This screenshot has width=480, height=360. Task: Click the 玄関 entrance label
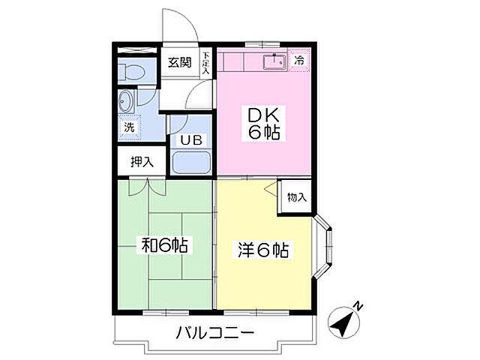[x=178, y=61]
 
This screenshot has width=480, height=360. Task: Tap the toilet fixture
[x=130, y=72]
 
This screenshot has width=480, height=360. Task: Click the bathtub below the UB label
[x=190, y=162]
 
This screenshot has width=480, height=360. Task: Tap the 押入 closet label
[x=142, y=160]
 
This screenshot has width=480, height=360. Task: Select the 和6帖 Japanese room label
[x=165, y=244]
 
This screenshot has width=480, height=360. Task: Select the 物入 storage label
[x=297, y=197]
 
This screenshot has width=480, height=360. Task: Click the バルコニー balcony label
[x=216, y=332]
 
